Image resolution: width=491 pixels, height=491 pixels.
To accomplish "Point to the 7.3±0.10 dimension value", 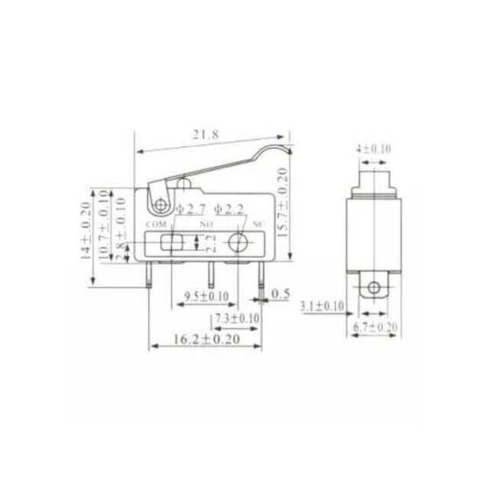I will click(235, 317).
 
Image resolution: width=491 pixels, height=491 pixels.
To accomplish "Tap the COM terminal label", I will click(156, 225).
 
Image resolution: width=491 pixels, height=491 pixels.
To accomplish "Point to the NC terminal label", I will click(258, 225).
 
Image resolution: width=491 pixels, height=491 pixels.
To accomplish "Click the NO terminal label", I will click(208, 225).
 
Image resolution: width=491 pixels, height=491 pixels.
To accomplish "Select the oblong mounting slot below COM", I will click(172, 243).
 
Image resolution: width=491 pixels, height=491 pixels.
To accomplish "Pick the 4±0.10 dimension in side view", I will click(374, 149).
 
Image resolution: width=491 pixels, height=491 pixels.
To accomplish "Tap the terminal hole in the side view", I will click(374, 287).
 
